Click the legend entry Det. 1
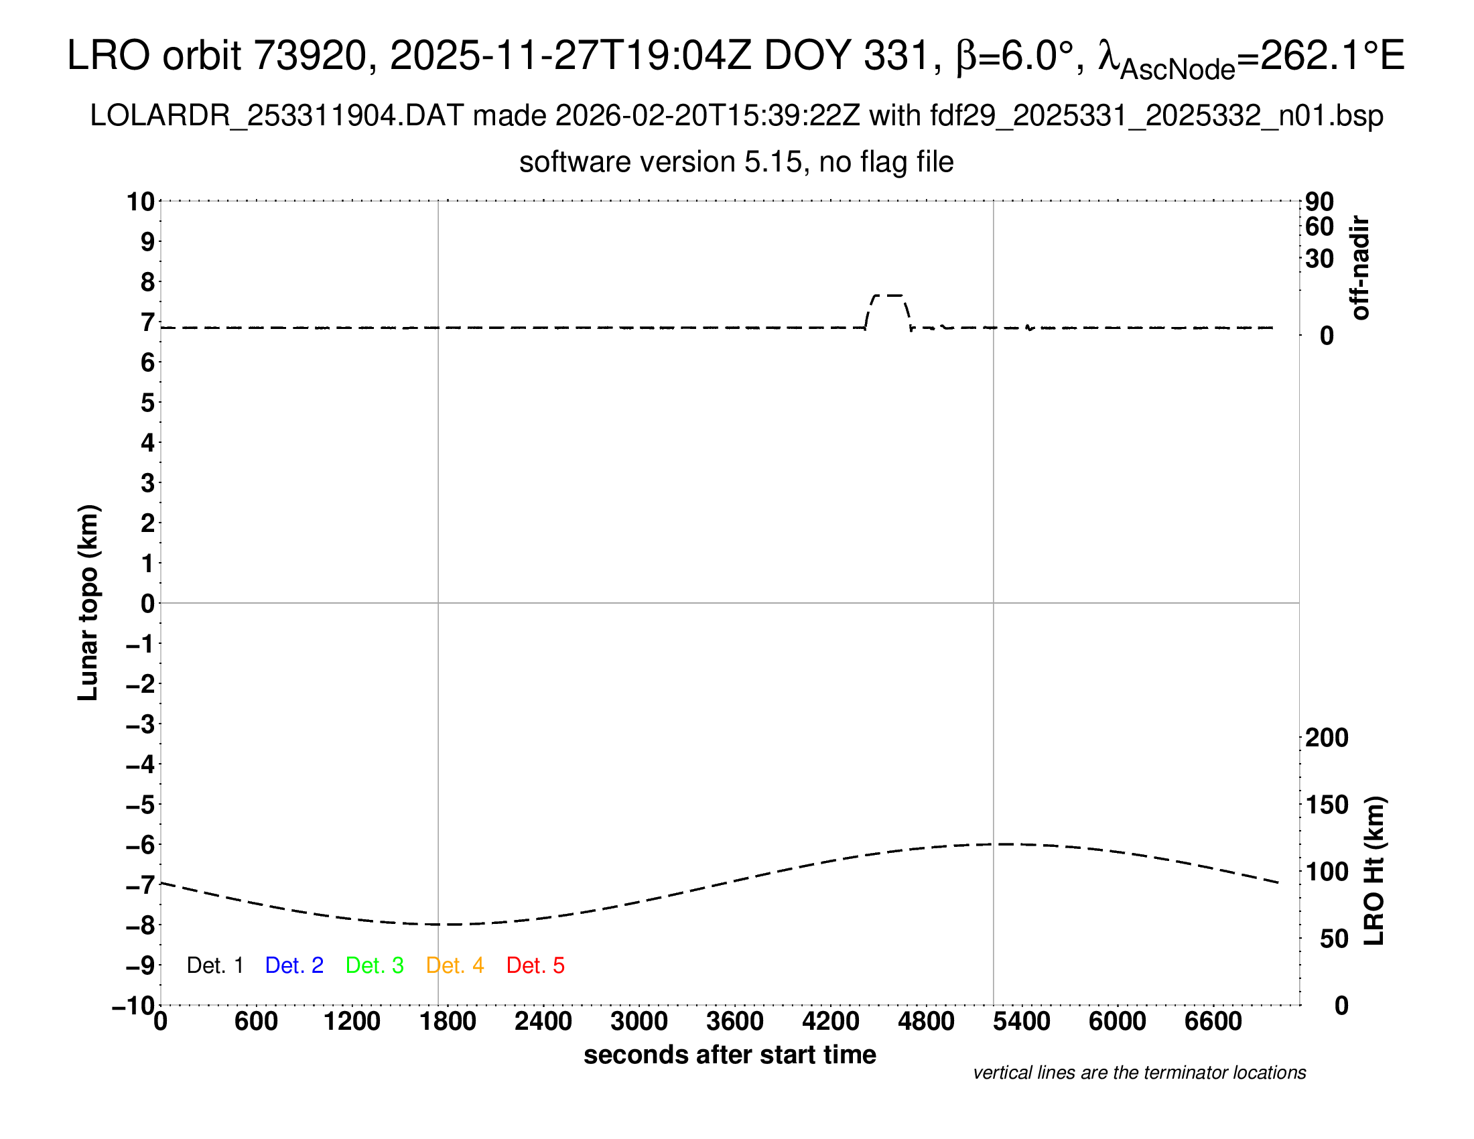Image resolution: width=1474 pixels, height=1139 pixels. [214, 965]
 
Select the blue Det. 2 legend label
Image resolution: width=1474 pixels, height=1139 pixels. [294, 965]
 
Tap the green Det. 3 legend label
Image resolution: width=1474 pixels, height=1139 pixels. [375, 965]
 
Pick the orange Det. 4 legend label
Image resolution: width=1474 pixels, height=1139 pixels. [455, 965]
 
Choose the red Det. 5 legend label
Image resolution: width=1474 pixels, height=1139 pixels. [535, 965]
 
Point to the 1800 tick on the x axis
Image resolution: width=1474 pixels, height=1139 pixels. [448, 1021]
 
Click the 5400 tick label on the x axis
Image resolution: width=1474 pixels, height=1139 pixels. [1021, 1021]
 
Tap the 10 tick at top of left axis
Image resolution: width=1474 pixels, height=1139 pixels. [141, 201]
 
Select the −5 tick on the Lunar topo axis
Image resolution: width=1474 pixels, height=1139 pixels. [140, 804]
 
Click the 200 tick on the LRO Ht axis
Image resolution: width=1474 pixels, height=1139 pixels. [1326, 738]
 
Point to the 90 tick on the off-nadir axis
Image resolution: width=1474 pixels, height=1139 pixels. [1319, 201]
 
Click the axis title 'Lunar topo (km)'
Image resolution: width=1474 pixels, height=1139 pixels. [88, 602]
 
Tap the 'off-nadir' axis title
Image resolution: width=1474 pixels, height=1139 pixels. [1360, 268]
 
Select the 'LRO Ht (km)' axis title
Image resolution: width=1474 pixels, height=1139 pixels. [1373, 870]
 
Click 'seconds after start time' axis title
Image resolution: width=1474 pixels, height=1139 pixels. [730, 1055]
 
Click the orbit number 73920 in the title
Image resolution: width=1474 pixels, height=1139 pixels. [310, 56]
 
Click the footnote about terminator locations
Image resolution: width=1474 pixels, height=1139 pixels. [1139, 1073]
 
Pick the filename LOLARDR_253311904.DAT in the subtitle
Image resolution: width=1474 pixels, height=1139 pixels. [277, 116]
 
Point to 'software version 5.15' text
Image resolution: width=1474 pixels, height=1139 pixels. [661, 162]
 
